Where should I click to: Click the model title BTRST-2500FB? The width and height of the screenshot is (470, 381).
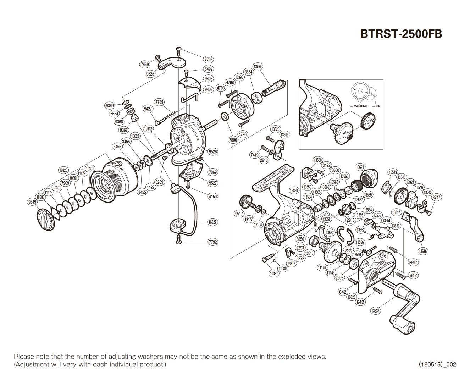pos(401,34)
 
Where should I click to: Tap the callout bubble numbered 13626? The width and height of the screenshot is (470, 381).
pos(258,66)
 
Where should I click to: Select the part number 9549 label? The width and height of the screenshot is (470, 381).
pos(32,202)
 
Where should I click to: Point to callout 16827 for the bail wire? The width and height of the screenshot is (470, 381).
pos(212,222)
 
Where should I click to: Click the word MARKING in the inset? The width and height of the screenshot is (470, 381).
pos(360,106)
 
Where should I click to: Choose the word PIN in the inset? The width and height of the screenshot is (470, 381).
pos(378,106)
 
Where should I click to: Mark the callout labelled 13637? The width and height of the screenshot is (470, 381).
pos(375,311)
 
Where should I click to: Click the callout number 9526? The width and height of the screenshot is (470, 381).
pos(213,151)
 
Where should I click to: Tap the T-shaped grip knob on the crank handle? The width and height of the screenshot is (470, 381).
pos(403,324)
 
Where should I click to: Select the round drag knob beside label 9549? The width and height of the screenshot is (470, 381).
pos(46,220)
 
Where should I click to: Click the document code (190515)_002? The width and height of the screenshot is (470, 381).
pos(437,364)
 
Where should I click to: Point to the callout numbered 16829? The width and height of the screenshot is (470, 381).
pos(294,190)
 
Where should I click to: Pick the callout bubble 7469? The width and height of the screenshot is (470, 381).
pos(145,64)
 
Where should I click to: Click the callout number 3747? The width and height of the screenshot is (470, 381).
pos(436,198)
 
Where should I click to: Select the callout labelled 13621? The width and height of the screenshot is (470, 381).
pos(360,167)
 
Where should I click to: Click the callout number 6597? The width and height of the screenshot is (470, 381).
pos(413,263)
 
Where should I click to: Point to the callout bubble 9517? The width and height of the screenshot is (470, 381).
pos(239,214)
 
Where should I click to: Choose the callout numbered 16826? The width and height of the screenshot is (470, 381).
pos(63,170)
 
